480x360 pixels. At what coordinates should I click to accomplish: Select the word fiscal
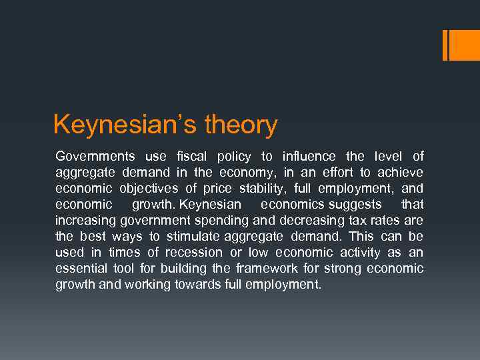pos(192,157)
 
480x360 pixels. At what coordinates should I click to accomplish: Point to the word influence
pos(309,157)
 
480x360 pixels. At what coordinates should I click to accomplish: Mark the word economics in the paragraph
pos(292,205)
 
